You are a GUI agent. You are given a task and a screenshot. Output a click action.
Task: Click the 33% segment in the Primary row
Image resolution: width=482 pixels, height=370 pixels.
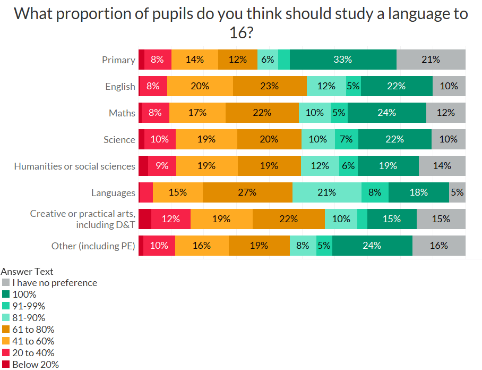(343, 60)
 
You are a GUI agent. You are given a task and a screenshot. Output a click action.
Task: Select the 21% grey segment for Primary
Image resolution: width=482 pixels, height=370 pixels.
(431, 60)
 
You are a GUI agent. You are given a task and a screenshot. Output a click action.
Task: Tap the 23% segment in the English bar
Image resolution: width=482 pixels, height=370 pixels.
(270, 86)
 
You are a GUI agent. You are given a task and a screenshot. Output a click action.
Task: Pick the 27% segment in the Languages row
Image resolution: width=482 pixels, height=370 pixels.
(247, 192)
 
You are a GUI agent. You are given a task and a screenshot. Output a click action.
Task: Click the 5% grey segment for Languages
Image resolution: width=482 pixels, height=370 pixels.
(457, 192)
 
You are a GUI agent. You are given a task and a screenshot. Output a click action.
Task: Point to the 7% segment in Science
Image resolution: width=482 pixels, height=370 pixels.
(346, 139)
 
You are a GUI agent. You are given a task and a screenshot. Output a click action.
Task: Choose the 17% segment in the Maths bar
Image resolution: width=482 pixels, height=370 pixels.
(197, 113)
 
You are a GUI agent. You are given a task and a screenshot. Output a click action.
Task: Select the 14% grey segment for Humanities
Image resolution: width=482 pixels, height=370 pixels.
(442, 166)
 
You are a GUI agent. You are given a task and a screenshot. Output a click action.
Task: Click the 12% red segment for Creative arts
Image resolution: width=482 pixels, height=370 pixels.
(170, 219)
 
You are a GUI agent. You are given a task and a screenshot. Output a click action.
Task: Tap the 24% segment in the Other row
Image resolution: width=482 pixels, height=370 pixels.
(372, 246)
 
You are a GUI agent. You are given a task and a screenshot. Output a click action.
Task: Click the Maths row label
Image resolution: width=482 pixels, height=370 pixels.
(122, 113)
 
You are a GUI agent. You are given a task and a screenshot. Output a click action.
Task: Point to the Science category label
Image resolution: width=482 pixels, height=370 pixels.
(119, 140)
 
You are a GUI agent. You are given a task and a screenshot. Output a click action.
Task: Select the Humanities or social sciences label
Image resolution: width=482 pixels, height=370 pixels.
(75, 166)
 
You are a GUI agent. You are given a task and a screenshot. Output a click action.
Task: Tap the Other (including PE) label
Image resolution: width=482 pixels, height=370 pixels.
(93, 246)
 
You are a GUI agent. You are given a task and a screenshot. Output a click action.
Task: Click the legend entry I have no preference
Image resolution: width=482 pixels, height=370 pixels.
(55, 283)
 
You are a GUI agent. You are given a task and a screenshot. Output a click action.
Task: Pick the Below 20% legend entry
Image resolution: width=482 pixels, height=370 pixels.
(36, 365)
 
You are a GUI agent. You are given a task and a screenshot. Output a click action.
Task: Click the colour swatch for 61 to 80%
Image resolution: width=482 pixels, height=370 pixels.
(6, 330)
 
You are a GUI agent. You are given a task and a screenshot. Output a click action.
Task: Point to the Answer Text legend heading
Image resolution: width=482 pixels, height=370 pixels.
(27, 272)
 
